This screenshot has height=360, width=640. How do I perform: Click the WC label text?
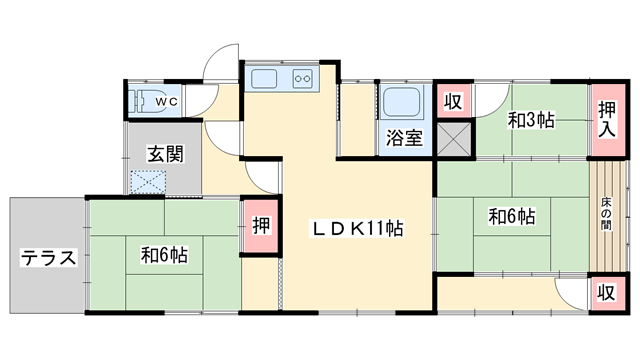pos(167,101)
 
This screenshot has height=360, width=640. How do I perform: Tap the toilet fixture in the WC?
pos(146,102)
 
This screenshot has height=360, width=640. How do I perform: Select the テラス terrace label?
pos(48,257)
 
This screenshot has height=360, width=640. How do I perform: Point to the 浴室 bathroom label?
pos(405,138)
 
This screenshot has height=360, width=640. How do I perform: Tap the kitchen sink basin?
pos(266,79)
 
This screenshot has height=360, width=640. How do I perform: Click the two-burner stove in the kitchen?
pos(303,79)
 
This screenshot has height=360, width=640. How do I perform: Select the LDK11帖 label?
pos(358,228)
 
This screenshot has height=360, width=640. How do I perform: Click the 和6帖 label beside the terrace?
pos(164,255)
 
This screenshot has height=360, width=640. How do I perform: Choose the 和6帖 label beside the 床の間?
pos(511,215)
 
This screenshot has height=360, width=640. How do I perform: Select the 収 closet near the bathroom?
pos(453,101)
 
